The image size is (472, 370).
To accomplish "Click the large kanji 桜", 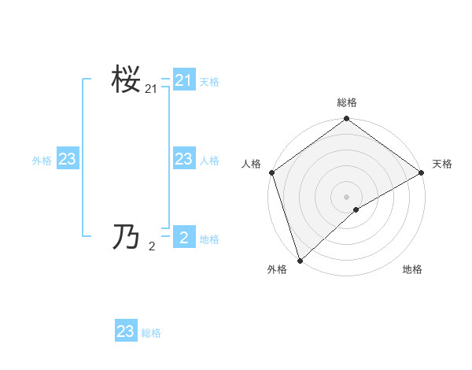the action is point(126,80).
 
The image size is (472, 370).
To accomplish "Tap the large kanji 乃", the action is point(126,236).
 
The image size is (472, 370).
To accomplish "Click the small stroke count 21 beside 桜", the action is point(151,91).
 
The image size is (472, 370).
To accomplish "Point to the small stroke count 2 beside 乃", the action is point(152,246).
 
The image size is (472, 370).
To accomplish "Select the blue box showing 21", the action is point(184,80).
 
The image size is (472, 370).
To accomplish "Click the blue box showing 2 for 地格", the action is point(184,236).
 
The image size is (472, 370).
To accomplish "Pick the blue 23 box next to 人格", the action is point(184,159).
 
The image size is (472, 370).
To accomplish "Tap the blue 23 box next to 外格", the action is point(68,159).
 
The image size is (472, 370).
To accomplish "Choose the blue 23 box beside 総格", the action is point(126,331).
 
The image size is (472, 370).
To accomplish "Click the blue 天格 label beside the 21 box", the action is point(209,82).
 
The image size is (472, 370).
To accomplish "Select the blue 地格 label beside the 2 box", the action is point(209,239).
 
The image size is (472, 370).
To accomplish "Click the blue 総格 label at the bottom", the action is point(151,334).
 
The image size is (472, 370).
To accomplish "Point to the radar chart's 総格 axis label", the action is point(347,102).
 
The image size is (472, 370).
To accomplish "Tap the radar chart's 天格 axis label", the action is point(442,164).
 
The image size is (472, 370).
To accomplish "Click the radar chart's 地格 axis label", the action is point(412,270).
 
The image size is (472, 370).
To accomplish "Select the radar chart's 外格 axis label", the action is point(277,270).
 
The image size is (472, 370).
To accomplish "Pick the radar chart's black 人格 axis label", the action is point(252,164).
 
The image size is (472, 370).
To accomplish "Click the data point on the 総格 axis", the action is point(347,120).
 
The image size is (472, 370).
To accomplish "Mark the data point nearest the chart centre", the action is point(356,209).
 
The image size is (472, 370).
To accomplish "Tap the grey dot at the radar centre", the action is point(347,197).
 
